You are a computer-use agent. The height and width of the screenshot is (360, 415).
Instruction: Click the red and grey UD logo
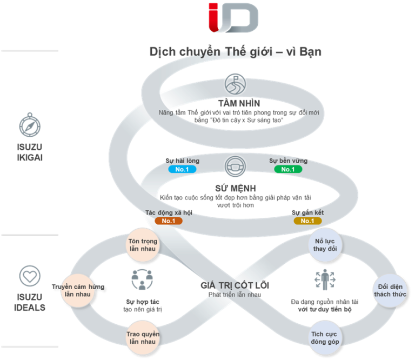(x=233, y=17)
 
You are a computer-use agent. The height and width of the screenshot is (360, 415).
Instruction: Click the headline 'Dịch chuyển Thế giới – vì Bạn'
(x=235, y=52)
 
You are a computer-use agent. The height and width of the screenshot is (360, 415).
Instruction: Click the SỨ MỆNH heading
(x=235, y=188)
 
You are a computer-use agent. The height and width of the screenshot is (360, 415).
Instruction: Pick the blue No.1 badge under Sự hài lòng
(x=182, y=169)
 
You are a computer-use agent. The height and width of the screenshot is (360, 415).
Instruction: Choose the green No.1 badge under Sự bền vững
(x=288, y=169)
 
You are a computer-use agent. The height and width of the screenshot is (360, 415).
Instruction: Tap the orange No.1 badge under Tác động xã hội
(x=168, y=221)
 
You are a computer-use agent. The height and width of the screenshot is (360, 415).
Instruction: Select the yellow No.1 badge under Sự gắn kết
(x=307, y=221)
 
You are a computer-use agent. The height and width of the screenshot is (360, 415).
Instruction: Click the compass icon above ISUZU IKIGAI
(x=29, y=126)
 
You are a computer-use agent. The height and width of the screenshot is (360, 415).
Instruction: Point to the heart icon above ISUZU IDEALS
(x=30, y=276)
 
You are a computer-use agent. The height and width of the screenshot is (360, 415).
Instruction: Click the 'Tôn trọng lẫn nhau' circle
(x=142, y=245)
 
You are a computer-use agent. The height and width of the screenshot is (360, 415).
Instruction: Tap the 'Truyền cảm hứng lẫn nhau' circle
(x=77, y=290)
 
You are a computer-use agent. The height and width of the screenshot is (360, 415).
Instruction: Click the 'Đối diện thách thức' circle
(x=389, y=290)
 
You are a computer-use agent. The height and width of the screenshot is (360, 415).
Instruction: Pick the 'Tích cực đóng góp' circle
(x=325, y=337)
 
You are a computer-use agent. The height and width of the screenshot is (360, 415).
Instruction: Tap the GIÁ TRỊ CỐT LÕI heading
(x=235, y=285)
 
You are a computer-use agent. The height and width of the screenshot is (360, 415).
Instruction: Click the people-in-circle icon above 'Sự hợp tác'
(x=142, y=279)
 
